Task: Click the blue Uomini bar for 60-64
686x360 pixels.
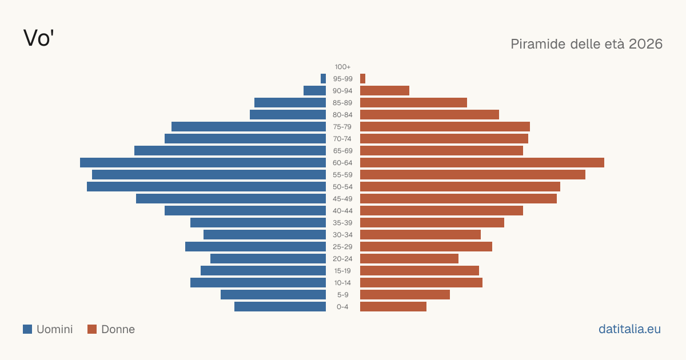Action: click(203, 162)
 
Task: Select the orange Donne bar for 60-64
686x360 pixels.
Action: click(482, 162)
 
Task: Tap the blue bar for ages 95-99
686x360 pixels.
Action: click(323, 79)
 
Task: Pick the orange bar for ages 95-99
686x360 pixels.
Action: click(362, 79)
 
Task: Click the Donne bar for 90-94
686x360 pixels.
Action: click(385, 91)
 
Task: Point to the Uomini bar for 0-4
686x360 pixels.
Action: click(280, 307)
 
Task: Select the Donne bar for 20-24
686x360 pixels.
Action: click(409, 259)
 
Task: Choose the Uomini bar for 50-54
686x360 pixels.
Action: click(206, 187)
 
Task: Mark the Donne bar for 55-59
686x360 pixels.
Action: click(473, 174)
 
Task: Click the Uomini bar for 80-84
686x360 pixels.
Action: click(288, 115)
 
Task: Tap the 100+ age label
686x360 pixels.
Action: click(342, 67)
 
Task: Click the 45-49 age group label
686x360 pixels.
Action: click(342, 199)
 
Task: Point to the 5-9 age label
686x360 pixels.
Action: click(342, 295)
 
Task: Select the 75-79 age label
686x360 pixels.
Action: click(342, 127)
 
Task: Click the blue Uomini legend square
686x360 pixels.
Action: click(27, 329)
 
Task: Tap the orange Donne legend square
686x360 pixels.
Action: click(92, 329)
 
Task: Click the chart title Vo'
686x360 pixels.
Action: click(39, 38)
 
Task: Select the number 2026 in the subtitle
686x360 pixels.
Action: click(645, 44)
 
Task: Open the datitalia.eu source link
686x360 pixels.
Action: click(629, 329)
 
